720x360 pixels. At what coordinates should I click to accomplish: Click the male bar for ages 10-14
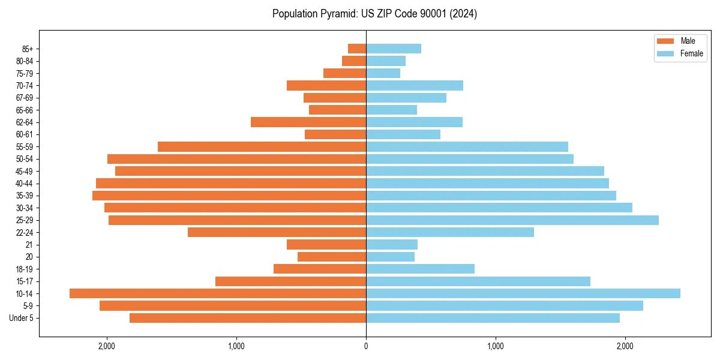pos(218,293)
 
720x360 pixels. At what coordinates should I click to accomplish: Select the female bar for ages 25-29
pos(512,220)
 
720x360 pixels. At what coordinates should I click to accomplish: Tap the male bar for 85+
pos(357,49)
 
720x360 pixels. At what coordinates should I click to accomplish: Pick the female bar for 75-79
pos(383,73)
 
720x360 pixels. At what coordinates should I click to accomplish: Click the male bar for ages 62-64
pos(308,122)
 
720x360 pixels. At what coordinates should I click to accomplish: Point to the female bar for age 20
pos(390,257)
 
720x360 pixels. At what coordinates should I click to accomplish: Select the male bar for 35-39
pos(229,196)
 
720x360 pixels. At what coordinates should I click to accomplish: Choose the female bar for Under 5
pos(493,318)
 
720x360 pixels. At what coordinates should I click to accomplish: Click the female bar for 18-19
pos(420,269)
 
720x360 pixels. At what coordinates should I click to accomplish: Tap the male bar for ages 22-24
pos(277,232)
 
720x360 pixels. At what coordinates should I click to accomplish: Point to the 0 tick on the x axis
pos(366,346)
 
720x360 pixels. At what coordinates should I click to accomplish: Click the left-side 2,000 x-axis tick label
pos(107,346)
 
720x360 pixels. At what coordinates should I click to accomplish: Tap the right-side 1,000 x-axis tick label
pos(496,346)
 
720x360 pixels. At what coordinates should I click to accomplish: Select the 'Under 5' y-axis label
pos(22,318)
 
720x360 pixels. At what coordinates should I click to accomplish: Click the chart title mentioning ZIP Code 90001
pos(374,14)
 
